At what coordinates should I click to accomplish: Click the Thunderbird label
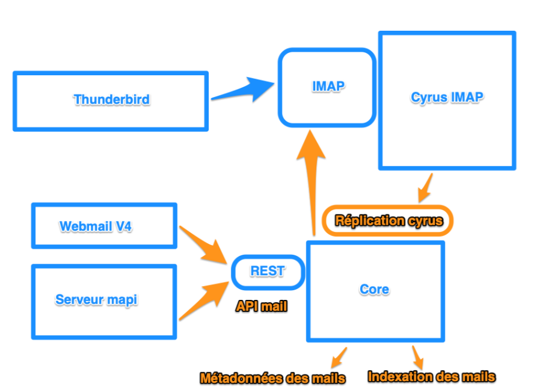(x=111, y=99)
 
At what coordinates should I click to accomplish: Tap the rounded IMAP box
(x=327, y=87)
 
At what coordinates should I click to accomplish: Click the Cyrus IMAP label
(x=447, y=97)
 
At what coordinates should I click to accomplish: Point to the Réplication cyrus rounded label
(x=388, y=220)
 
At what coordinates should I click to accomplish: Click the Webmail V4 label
(x=96, y=226)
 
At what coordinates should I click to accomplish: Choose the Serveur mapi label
(x=96, y=299)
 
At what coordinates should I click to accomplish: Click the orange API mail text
(x=261, y=307)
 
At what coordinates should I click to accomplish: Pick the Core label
(x=374, y=289)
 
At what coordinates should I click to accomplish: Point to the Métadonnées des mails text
(x=272, y=378)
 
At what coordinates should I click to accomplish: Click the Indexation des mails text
(x=431, y=377)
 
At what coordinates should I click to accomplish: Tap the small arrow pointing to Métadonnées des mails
(x=339, y=356)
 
